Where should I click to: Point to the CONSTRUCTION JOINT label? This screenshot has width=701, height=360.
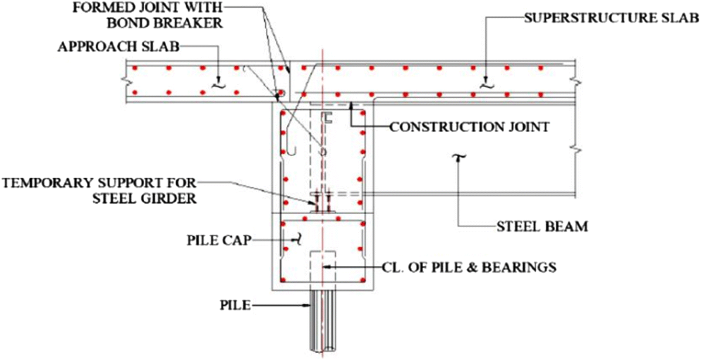469,126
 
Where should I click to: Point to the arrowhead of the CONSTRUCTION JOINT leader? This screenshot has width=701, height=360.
350,104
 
